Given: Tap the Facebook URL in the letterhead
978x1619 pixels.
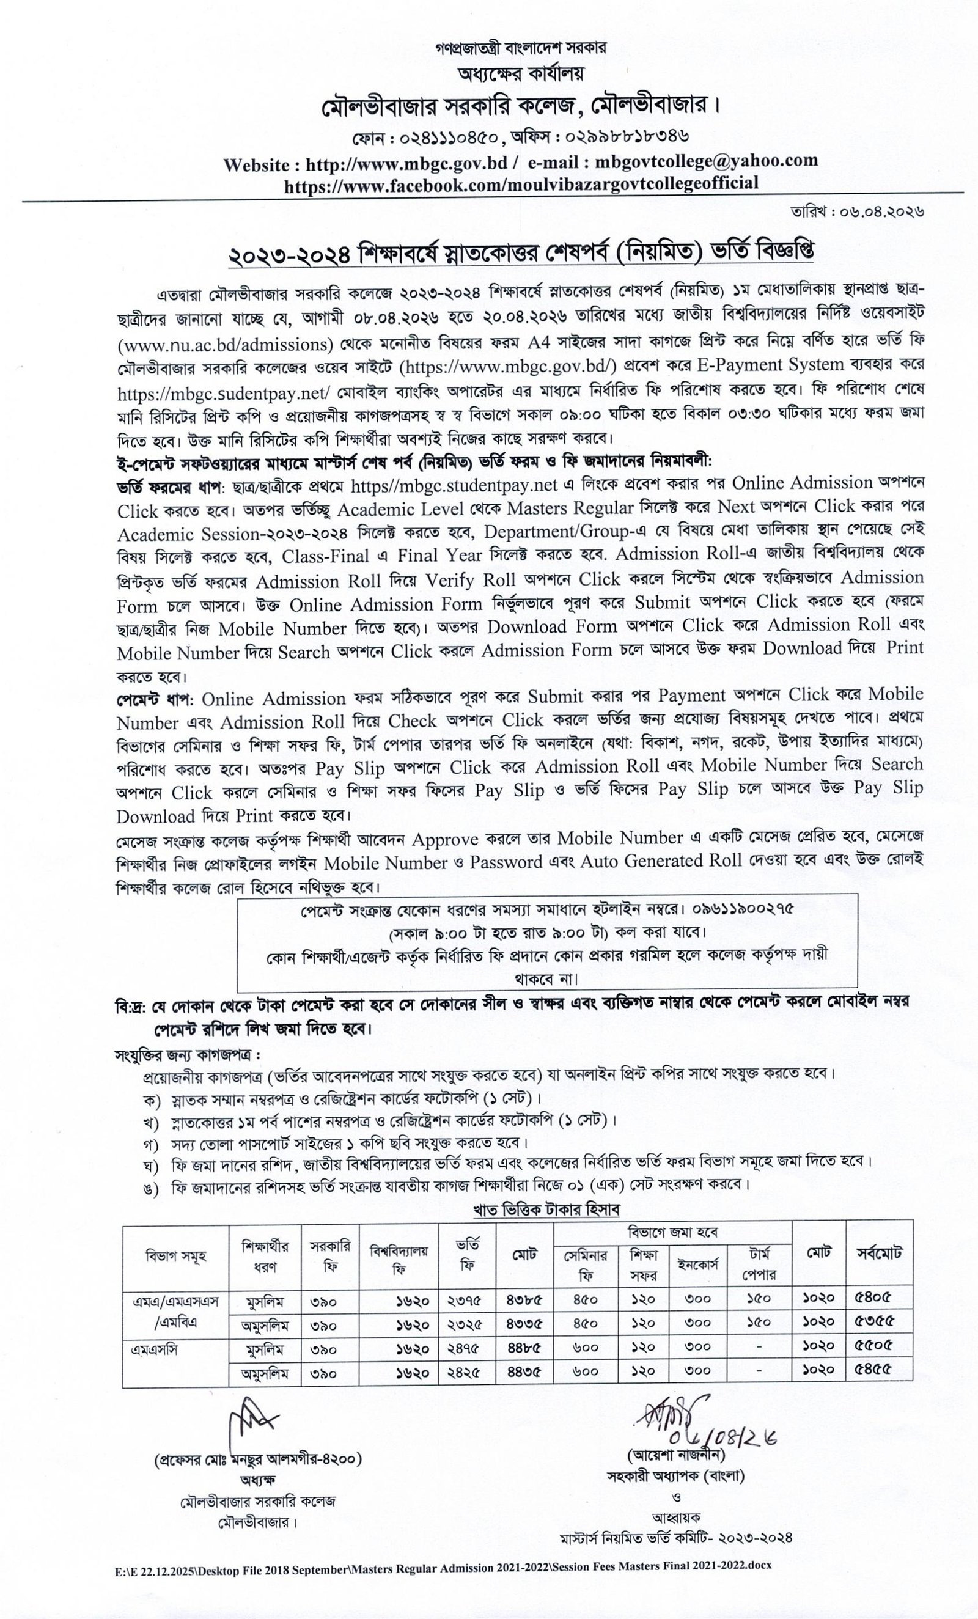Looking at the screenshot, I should (521, 183).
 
